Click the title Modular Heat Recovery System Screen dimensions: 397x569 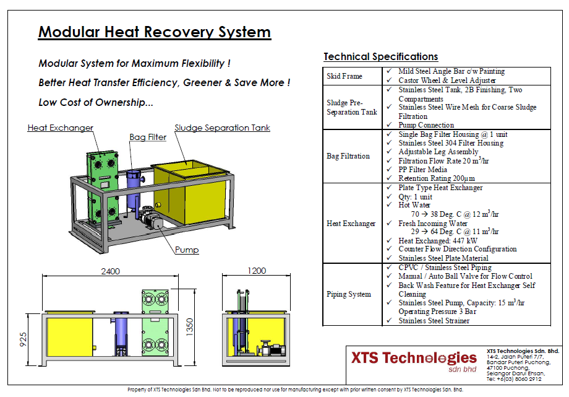click(x=154, y=32)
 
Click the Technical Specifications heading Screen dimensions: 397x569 click(x=380, y=57)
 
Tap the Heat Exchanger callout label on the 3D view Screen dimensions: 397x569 click(x=60, y=128)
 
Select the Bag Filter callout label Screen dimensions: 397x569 click(x=148, y=137)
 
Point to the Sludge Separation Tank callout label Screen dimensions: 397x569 click(x=222, y=128)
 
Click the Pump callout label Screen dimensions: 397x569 click(x=187, y=250)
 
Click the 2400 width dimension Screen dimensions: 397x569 click(x=110, y=271)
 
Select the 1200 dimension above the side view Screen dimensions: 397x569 click(x=255, y=271)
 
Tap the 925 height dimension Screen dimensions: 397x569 click(x=23, y=339)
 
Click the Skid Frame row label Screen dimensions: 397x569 click(x=344, y=76)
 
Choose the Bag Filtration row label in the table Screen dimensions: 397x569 click(x=348, y=156)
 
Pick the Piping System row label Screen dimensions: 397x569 click(x=349, y=294)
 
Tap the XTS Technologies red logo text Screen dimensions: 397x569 click(x=414, y=358)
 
